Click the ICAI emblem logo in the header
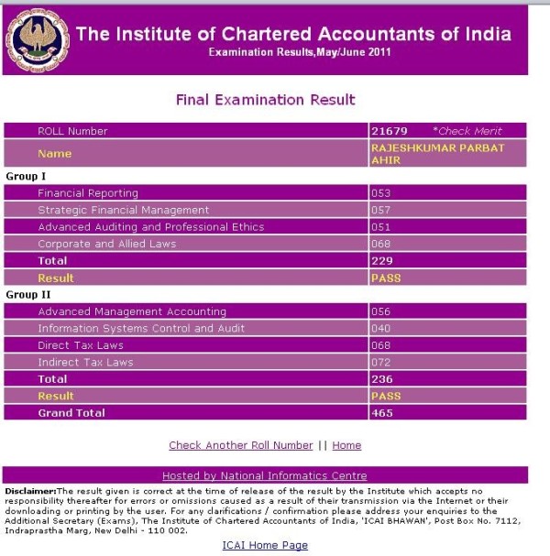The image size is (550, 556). point(37,40)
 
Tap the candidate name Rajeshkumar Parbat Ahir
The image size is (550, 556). point(436,153)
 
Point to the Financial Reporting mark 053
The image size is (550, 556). point(380,193)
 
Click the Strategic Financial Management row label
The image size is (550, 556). point(123,210)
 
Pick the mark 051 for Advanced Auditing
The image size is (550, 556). point(380,227)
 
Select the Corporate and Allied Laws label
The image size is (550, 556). point(106,244)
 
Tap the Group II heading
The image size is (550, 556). point(27,295)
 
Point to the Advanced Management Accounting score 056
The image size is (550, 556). point(380,311)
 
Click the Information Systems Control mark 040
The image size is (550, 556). point(380,329)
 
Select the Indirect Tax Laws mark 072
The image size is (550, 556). point(380,363)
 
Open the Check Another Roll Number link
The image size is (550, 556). point(240,445)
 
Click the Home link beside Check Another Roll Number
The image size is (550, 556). point(346,445)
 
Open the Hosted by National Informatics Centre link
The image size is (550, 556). point(264,475)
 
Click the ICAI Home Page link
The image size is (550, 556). point(264,545)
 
